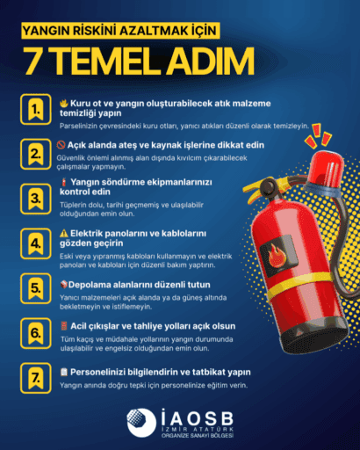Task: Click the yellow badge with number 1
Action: click(35, 110)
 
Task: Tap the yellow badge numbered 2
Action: click(35, 153)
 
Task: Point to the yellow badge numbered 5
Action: click(35, 288)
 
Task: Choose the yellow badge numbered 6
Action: click(35, 333)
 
